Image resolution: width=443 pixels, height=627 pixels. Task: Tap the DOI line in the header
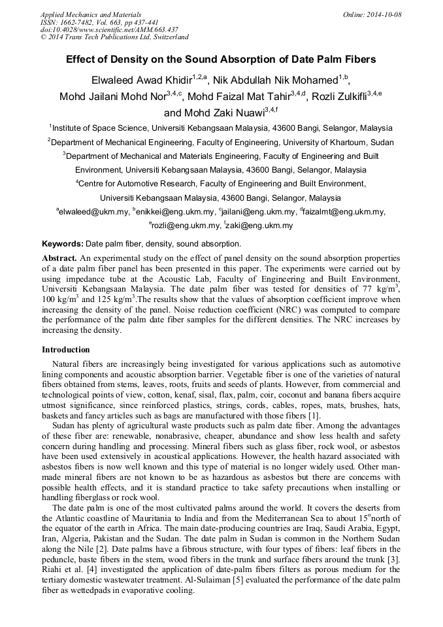pos(109,29)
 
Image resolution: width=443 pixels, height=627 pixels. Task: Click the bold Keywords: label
pos(63,244)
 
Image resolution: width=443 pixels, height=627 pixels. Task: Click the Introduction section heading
pos(66,350)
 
